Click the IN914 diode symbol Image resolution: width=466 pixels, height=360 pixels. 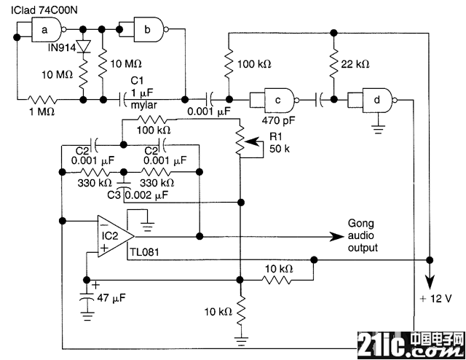click(84, 47)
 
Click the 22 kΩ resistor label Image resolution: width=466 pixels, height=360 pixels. click(355, 64)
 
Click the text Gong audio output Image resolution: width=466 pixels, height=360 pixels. click(363, 235)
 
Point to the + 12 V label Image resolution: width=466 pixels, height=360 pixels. click(435, 298)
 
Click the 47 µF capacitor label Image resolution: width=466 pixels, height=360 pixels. click(111, 297)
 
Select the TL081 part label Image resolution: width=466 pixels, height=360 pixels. click(144, 252)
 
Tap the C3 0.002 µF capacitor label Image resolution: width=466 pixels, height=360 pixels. click(138, 195)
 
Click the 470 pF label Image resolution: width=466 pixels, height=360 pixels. click(278, 120)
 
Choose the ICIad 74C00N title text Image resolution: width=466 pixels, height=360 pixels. click(44, 10)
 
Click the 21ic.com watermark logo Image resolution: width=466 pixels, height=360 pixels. click(411, 345)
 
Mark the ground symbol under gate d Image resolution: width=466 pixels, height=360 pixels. click(378, 129)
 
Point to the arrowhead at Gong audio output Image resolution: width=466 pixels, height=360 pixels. click(336, 237)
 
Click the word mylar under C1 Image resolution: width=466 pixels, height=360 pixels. click(144, 105)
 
